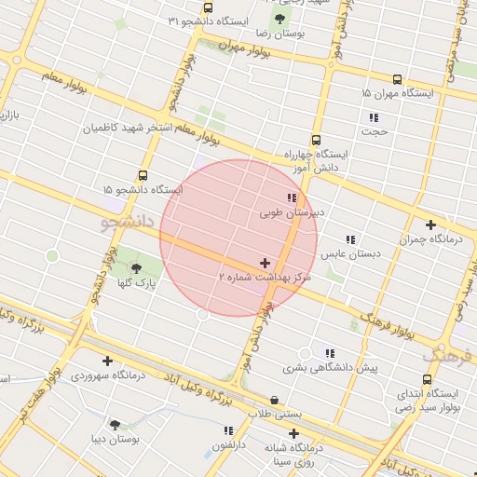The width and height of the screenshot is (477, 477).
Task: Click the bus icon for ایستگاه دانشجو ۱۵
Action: [x=143, y=175]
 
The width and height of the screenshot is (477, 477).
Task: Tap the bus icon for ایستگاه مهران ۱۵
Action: [x=398, y=80]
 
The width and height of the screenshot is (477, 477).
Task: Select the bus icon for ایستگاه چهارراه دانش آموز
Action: [x=316, y=140]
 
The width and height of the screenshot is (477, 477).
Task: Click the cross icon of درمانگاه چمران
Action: [x=430, y=225]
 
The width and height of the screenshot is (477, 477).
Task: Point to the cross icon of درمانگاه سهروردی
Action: [x=108, y=361]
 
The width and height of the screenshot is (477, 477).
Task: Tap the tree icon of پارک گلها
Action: [x=138, y=268]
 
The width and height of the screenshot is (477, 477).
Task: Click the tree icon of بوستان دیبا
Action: [x=116, y=425]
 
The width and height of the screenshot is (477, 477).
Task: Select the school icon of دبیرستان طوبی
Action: [x=292, y=198]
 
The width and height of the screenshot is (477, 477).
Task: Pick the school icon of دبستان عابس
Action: [x=350, y=239]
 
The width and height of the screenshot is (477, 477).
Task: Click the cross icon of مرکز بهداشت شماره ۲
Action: [x=266, y=264]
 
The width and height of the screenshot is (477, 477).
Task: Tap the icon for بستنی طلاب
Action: [x=274, y=401]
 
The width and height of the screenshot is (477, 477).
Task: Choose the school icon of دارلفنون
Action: [x=228, y=430]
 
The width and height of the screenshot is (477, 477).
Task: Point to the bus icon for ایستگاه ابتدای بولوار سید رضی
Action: [x=427, y=379]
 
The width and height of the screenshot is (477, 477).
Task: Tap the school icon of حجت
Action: [x=374, y=117]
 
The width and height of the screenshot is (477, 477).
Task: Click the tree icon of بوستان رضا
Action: [x=279, y=19]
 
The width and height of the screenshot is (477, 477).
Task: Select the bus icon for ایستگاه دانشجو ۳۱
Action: [x=208, y=7]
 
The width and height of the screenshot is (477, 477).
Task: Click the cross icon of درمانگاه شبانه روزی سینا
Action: [x=294, y=433]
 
